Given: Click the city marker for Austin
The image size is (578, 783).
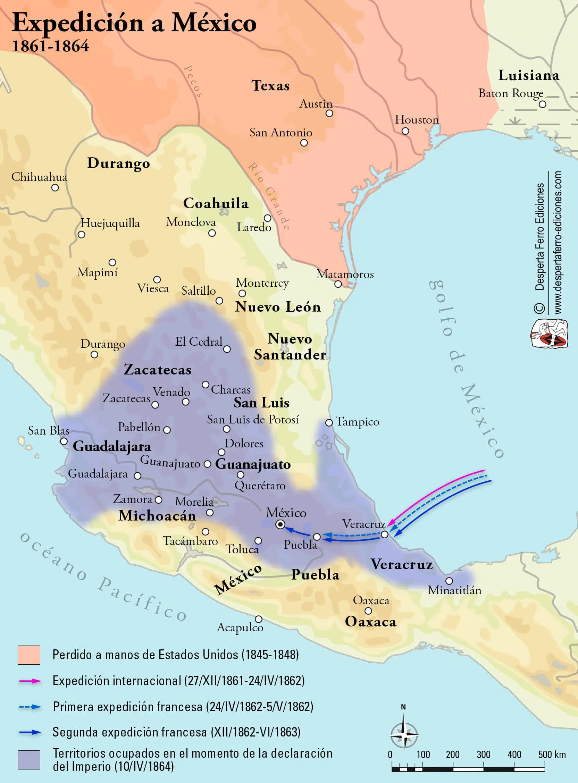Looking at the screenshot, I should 329,113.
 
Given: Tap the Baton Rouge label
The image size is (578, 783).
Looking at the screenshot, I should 510,93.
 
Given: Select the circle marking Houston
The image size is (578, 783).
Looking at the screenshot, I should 405,131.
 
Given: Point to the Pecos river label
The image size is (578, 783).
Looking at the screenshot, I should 193,81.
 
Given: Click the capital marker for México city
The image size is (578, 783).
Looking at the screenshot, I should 280,524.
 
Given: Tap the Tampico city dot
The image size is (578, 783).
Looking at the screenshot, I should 329,422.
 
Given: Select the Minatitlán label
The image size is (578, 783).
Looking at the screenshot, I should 454,590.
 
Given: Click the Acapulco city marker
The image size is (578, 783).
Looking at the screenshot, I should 259,619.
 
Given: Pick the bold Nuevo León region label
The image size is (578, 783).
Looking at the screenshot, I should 278,307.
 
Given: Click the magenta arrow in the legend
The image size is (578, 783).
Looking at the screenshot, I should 30,681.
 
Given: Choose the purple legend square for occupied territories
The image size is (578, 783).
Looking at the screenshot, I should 29,759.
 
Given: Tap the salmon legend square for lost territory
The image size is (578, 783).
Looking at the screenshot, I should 29,655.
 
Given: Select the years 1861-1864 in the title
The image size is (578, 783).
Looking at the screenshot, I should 50,46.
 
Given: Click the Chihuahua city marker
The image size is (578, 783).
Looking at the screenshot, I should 55,188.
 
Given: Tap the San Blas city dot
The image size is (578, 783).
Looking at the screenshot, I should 64,441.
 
